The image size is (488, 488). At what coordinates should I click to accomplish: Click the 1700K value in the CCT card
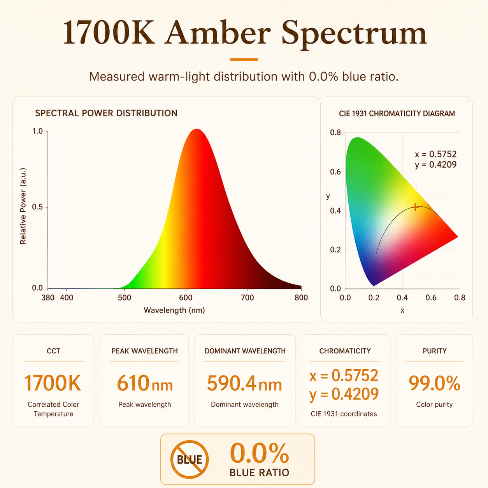(53, 383)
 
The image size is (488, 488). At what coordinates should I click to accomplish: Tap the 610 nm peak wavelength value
(145, 383)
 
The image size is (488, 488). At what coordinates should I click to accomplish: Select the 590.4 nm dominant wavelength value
(244, 383)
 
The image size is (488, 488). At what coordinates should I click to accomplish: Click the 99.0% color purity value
(434, 383)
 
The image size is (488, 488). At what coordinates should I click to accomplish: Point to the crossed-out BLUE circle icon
(190, 459)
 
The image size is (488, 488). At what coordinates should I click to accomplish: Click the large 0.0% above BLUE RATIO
(259, 453)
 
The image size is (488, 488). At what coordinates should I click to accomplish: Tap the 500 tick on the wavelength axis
(125, 298)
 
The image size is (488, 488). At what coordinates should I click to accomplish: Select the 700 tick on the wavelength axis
(247, 298)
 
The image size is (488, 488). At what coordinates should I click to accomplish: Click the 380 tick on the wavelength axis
(47, 298)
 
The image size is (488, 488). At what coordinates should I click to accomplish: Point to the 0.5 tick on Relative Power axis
(37, 207)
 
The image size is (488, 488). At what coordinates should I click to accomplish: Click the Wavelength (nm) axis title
(174, 310)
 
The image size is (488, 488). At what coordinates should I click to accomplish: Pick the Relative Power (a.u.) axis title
(23, 206)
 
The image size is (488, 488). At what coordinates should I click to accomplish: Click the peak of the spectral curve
(197, 129)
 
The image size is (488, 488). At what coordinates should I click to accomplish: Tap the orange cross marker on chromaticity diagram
(415, 207)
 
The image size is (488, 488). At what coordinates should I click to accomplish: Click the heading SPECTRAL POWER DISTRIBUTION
(106, 113)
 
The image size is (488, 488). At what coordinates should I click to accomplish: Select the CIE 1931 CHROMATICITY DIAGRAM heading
(397, 114)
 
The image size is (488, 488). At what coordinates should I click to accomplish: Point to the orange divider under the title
(244, 60)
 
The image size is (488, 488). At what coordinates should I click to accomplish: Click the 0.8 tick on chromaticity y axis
(335, 132)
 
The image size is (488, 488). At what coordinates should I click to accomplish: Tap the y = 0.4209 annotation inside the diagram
(435, 165)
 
